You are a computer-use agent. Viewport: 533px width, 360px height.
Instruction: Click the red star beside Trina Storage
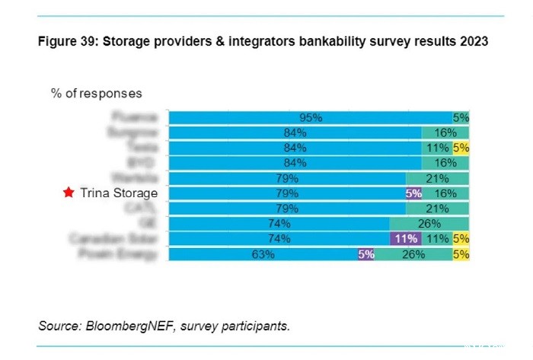(69, 193)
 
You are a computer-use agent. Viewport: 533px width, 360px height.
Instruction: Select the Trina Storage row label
(120, 193)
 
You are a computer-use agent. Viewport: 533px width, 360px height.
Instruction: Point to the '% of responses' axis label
(96, 94)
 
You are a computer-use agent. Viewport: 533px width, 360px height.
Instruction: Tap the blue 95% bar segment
(311, 118)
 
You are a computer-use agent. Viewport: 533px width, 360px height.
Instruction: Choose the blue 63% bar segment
(263, 255)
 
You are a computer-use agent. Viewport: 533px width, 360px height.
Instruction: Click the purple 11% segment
(404, 240)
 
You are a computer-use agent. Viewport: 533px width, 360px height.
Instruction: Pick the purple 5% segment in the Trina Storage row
(413, 194)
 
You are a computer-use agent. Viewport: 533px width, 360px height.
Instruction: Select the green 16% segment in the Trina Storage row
(445, 194)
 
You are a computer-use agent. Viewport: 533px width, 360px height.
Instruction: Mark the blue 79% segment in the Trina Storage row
(287, 194)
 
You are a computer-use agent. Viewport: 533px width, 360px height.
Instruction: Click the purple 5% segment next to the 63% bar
(366, 255)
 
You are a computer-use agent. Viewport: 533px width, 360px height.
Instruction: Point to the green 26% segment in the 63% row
(413, 255)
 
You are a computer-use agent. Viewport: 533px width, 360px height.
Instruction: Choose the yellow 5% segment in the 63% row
(461, 255)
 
